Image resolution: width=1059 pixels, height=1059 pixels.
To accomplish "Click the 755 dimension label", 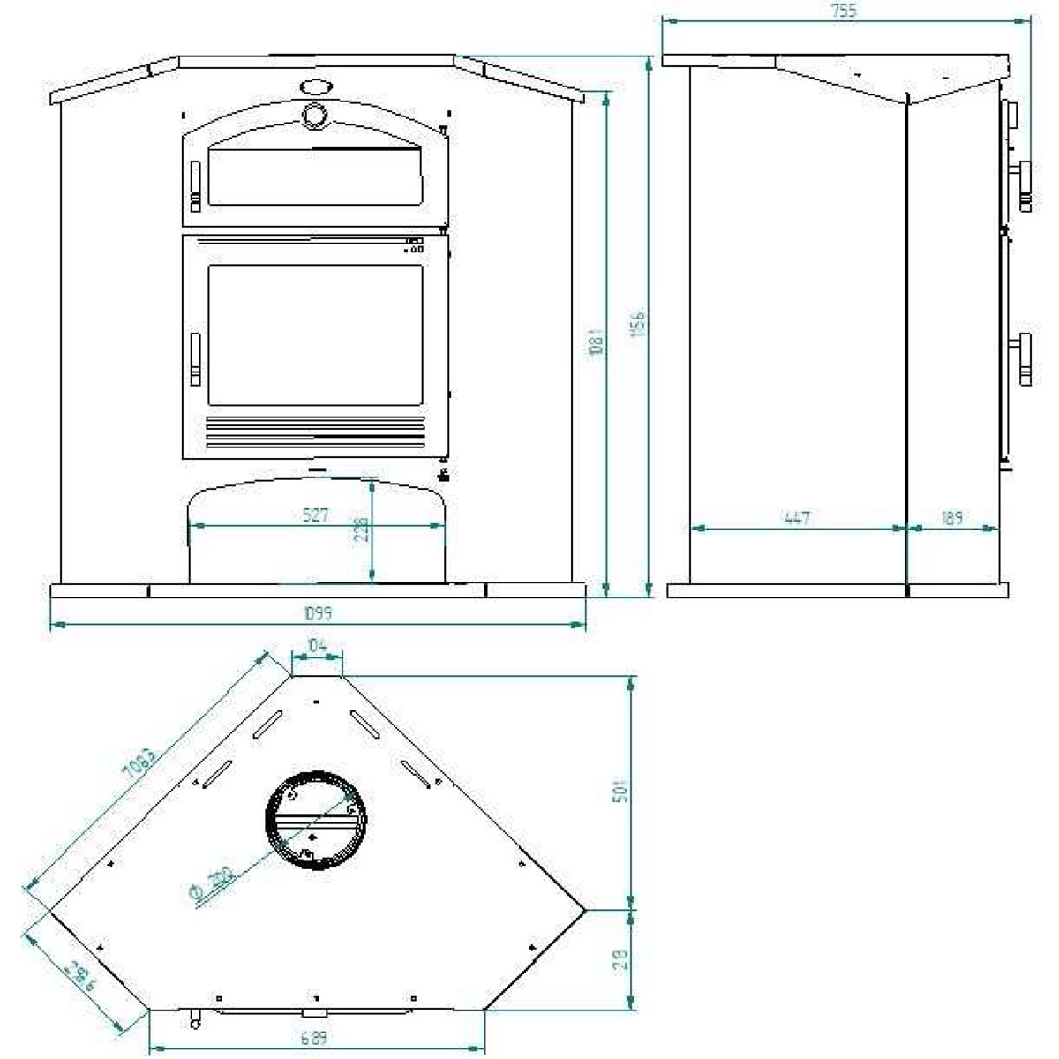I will (844, 11).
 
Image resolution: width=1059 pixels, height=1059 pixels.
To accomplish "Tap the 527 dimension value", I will (315, 514).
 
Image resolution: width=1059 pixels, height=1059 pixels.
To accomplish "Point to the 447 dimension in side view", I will (797, 518).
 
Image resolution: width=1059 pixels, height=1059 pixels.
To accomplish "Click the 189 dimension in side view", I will (951, 518).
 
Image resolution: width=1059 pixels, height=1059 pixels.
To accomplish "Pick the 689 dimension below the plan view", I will (313, 1039).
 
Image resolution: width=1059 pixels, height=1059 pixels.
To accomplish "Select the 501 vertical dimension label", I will (620, 791).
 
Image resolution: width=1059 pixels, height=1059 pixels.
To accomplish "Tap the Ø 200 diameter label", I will (211, 885).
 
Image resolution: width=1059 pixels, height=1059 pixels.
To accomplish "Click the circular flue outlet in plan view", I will (314, 819).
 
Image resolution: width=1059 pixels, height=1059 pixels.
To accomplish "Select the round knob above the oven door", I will (314, 115).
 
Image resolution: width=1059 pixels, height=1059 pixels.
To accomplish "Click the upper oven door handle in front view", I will (195, 183).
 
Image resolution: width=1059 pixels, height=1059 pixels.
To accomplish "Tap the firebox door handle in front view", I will (195, 359).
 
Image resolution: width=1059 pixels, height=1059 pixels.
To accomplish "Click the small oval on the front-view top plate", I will (315, 86).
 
